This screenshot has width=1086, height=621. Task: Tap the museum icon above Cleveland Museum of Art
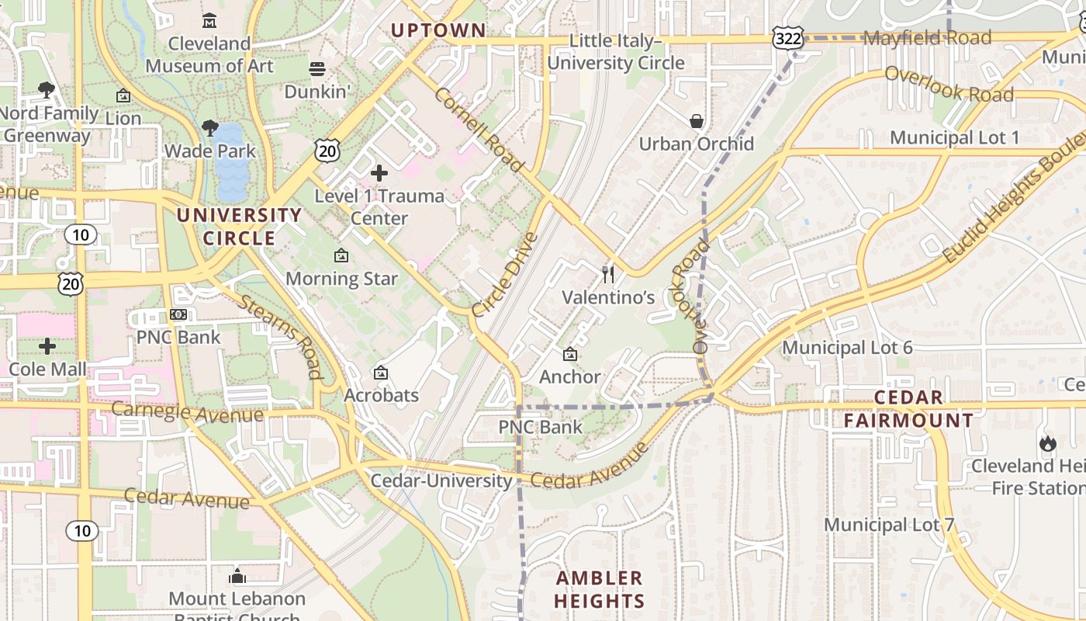[x=209, y=20]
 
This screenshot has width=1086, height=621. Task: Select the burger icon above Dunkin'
[x=316, y=69]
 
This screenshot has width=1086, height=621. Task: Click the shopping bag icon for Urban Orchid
[x=696, y=121]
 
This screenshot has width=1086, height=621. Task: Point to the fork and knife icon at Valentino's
[x=608, y=275]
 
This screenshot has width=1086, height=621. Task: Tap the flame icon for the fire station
[x=1047, y=443]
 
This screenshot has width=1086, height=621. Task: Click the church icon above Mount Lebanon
[x=237, y=577]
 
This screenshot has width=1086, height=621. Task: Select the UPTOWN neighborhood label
[x=438, y=30]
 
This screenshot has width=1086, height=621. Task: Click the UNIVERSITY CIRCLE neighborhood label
[x=239, y=227]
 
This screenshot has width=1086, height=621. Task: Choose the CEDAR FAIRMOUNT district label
[x=908, y=409]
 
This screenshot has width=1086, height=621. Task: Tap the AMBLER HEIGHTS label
[x=600, y=589]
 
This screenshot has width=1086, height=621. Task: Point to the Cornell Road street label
[x=479, y=130]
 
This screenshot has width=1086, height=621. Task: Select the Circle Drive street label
[x=504, y=274]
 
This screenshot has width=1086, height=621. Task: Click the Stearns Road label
[x=280, y=336]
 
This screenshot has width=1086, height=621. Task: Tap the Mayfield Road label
[x=926, y=37]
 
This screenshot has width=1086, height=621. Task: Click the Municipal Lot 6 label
[x=847, y=347]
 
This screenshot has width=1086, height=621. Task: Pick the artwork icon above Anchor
[x=570, y=354]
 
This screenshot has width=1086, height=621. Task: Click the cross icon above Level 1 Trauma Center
[x=379, y=173]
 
